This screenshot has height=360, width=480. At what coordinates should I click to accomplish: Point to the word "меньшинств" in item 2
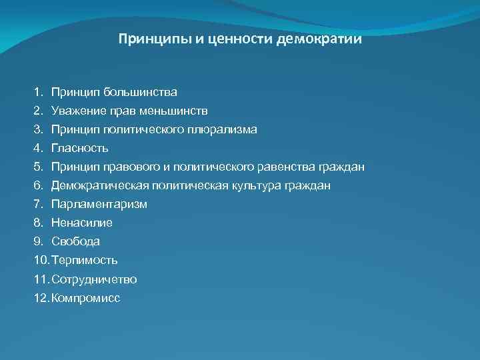click(177, 110)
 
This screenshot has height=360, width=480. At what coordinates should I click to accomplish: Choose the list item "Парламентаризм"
click(99, 204)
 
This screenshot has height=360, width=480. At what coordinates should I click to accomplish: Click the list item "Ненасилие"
click(81, 223)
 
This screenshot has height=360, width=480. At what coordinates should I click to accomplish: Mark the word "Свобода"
click(75, 241)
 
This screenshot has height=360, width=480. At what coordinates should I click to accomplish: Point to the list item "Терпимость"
click(85, 260)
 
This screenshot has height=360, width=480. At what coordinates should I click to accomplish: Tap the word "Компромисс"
click(85, 298)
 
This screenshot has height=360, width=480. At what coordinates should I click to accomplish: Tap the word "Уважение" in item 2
click(79, 110)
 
